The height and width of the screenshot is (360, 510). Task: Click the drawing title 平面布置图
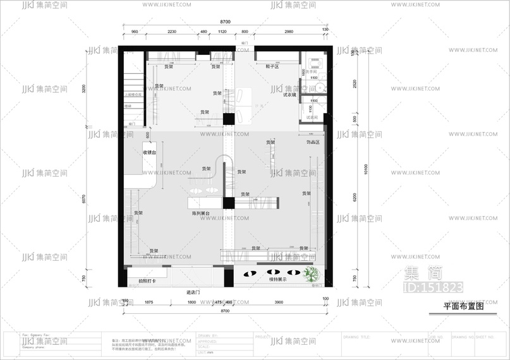[463, 306]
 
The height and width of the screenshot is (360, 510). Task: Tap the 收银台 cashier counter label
[149, 153]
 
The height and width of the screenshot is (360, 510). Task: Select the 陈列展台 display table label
[202, 214]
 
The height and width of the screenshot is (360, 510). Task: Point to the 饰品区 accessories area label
[313, 143]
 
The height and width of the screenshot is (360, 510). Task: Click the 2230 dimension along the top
[172, 32]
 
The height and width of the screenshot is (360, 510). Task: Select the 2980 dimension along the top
[288, 32]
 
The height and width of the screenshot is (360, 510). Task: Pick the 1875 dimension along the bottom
[149, 303]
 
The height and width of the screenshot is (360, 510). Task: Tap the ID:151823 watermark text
[432, 288]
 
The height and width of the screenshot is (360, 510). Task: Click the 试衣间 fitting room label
[311, 117]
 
